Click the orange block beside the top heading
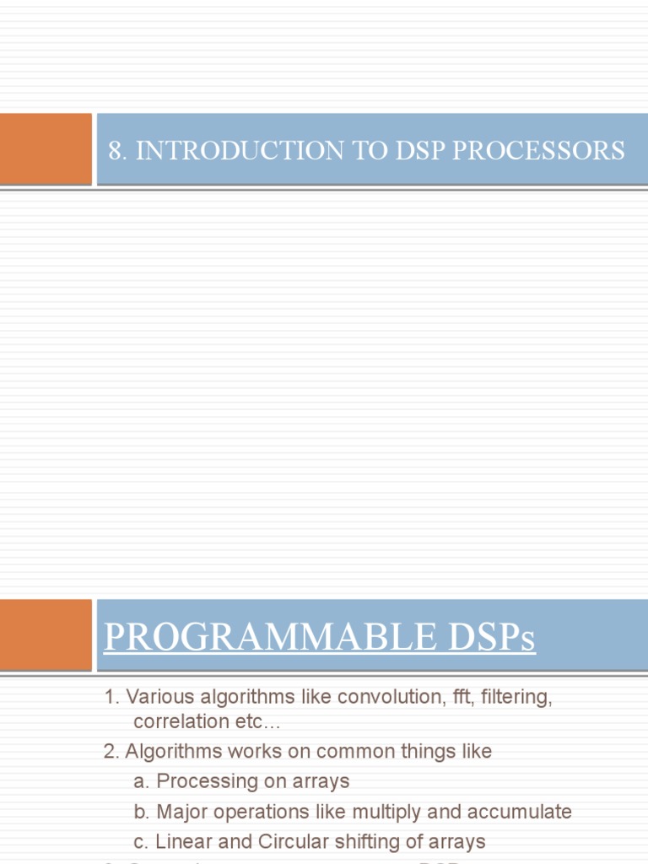pos(46,148)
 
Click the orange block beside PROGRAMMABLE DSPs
pos(46,634)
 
